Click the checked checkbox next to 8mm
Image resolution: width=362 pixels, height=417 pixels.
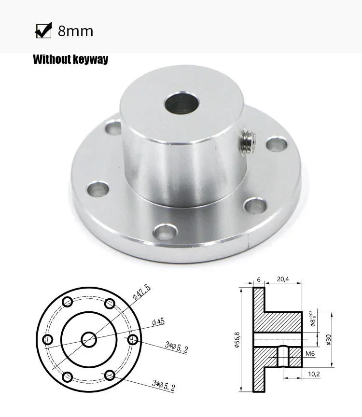click(43, 30)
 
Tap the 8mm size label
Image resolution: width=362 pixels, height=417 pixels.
click(75, 31)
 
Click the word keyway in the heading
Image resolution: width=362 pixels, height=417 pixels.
click(92, 59)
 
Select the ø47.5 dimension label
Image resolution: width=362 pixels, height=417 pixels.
click(142, 292)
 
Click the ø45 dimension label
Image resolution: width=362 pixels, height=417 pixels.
click(159, 321)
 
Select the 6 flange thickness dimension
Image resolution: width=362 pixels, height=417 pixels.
click(259, 278)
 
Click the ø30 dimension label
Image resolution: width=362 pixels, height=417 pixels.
click(328, 339)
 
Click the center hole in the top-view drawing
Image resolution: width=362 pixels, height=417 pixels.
click(88, 339)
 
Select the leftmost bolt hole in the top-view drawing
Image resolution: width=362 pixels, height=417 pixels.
click(47, 340)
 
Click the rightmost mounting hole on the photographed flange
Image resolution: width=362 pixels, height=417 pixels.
click(276, 144)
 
